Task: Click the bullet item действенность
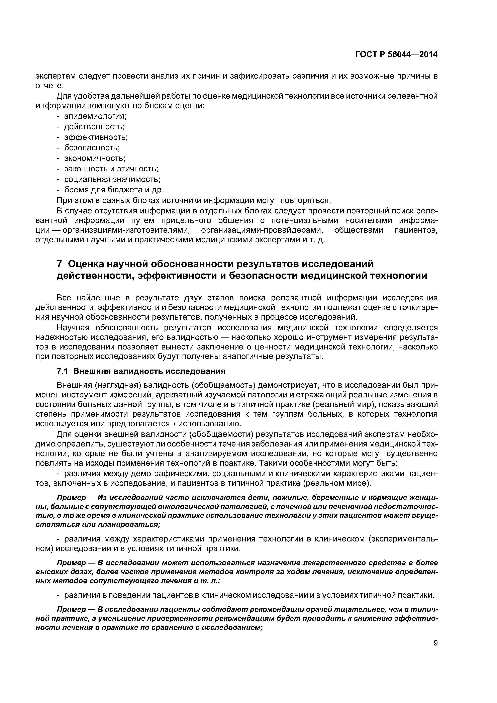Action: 94,127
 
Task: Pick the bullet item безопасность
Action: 92,147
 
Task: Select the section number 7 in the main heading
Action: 60,264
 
